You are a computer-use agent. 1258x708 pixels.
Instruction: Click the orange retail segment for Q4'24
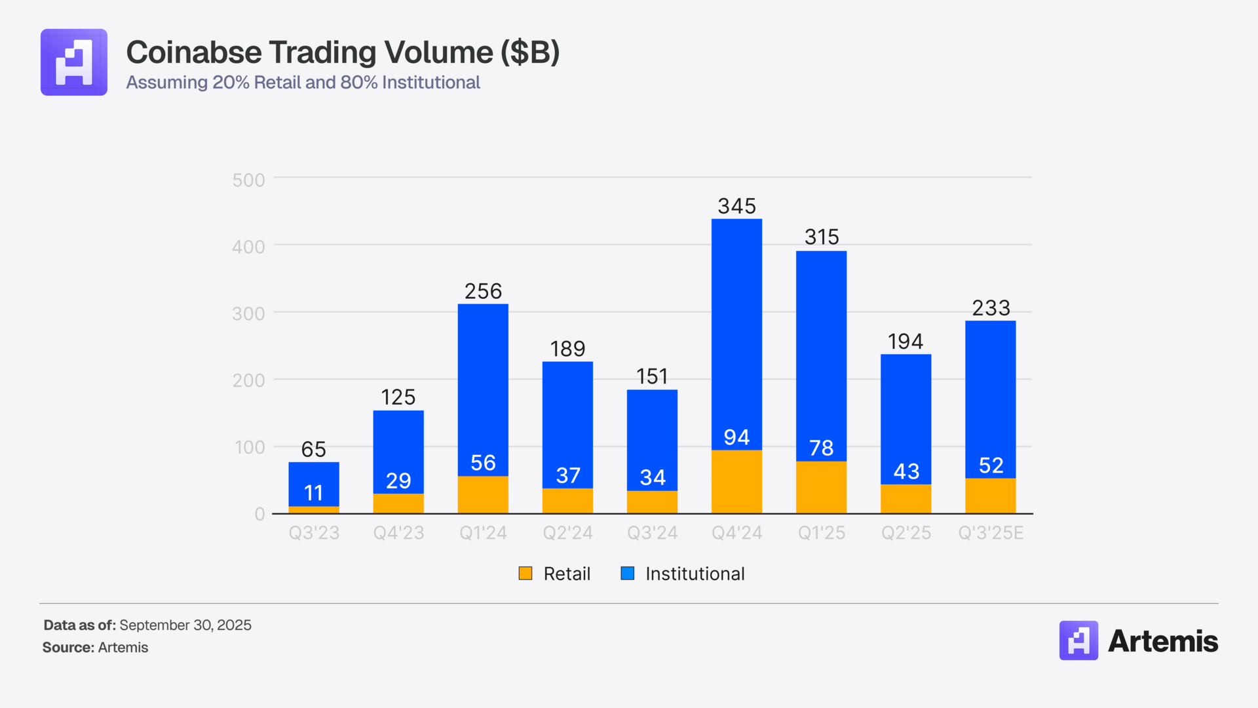(x=736, y=482)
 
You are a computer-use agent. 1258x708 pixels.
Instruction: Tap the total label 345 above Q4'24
(x=736, y=206)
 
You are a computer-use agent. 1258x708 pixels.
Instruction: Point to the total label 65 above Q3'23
(x=313, y=449)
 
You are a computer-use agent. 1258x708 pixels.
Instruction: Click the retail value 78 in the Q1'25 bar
(x=821, y=448)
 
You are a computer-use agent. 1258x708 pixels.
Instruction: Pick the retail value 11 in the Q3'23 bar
(x=313, y=493)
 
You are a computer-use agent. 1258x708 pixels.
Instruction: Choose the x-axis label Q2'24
(x=567, y=533)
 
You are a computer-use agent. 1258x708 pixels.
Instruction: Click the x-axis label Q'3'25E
(x=990, y=533)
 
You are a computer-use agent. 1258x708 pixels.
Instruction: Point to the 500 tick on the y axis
(x=248, y=180)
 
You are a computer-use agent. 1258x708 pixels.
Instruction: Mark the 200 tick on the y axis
(x=248, y=380)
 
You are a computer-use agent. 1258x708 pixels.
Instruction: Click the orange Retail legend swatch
(x=525, y=574)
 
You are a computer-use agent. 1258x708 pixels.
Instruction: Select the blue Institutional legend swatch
(x=628, y=574)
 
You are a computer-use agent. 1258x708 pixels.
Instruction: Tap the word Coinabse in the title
(x=194, y=52)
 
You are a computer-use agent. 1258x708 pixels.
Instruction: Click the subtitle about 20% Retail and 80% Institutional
(x=303, y=83)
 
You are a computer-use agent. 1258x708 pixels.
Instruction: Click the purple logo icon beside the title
(x=74, y=62)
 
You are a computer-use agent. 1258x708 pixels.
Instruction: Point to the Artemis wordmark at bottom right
(x=1162, y=641)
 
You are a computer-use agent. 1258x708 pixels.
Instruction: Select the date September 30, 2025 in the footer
(x=185, y=625)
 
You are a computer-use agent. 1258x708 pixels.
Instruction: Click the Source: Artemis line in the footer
(x=96, y=648)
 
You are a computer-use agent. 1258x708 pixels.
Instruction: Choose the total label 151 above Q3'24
(x=652, y=376)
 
